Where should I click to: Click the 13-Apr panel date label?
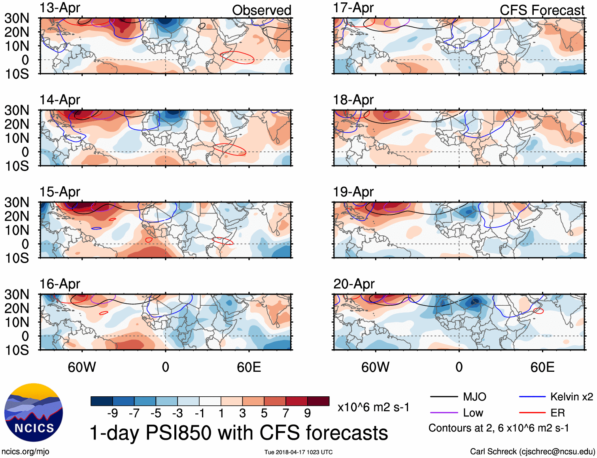coord(60,8)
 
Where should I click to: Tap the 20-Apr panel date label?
coord(353,284)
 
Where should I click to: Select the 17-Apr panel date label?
coord(353,8)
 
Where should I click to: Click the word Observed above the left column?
coord(261,10)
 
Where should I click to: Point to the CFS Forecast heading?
coord(542,10)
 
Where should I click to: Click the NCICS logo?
coord(34,413)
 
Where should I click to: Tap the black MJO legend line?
coord(444,397)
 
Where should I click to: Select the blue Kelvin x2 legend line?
coord(532,397)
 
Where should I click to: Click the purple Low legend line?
coord(444,413)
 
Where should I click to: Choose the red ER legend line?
coord(532,413)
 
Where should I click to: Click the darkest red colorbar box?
coord(318,401)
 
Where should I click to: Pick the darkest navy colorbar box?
coord(102,401)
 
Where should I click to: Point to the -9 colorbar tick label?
coord(112,413)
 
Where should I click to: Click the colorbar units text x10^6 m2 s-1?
coord(373,407)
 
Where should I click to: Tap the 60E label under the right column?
coord(542,367)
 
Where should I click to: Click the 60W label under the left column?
coord(82,367)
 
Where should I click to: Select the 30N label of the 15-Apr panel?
coord(17,203)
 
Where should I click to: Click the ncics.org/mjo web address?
coord(25,452)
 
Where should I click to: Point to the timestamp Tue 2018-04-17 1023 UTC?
coord(298,452)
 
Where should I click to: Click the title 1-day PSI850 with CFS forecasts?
coord(239,433)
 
